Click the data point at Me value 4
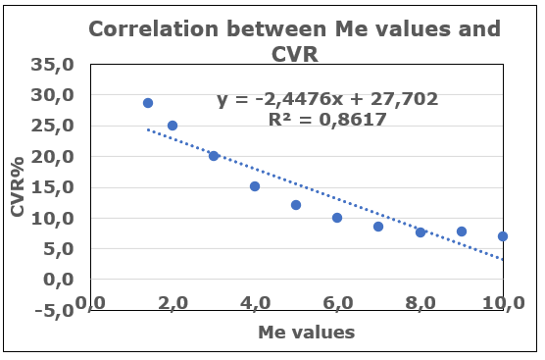pyautogui.click(x=255, y=186)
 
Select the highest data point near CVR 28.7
pyautogui.click(x=148, y=103)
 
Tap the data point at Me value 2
pyautogui.click(x=173, y=126)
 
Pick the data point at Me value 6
pyautogui.click(x=337, y=218)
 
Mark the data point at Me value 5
pyautogui.click(x=296, y=205)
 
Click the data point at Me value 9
pyautogui.click(x=462, y=231)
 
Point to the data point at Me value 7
pyautogui.click(x=378, y=227)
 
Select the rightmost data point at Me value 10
pyautogui.click(x=503, y=236)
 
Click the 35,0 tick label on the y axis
pyautogui.click(x=53, y=65)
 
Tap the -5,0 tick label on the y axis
pyautogui.click(x=55, y=310)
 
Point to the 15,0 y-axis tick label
pyautogui.click(x=53, y=187)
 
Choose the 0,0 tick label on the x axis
pyautogui.click(x=90, y=303)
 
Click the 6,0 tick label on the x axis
pyautogui.click(x=338, y=303)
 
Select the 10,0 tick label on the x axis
pyautogui.click(x=504, y=303)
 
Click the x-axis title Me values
pyautogui.click(x=307, y=333)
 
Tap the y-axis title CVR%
pyautogui.click(x=18, y=186)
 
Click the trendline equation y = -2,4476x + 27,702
pyautogui.click(x=327, y=99)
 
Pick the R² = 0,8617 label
pyautogui.click(x=327, y=120)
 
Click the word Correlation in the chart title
pyautogui.click(x=153, y=28)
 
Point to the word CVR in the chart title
pyautogui.click(x=295, y=54)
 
